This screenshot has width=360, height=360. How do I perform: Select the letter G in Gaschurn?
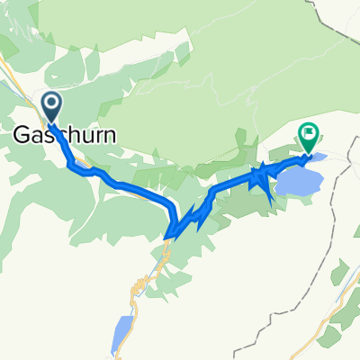click(23, 135)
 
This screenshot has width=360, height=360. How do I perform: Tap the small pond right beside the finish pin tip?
click(317, 158)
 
